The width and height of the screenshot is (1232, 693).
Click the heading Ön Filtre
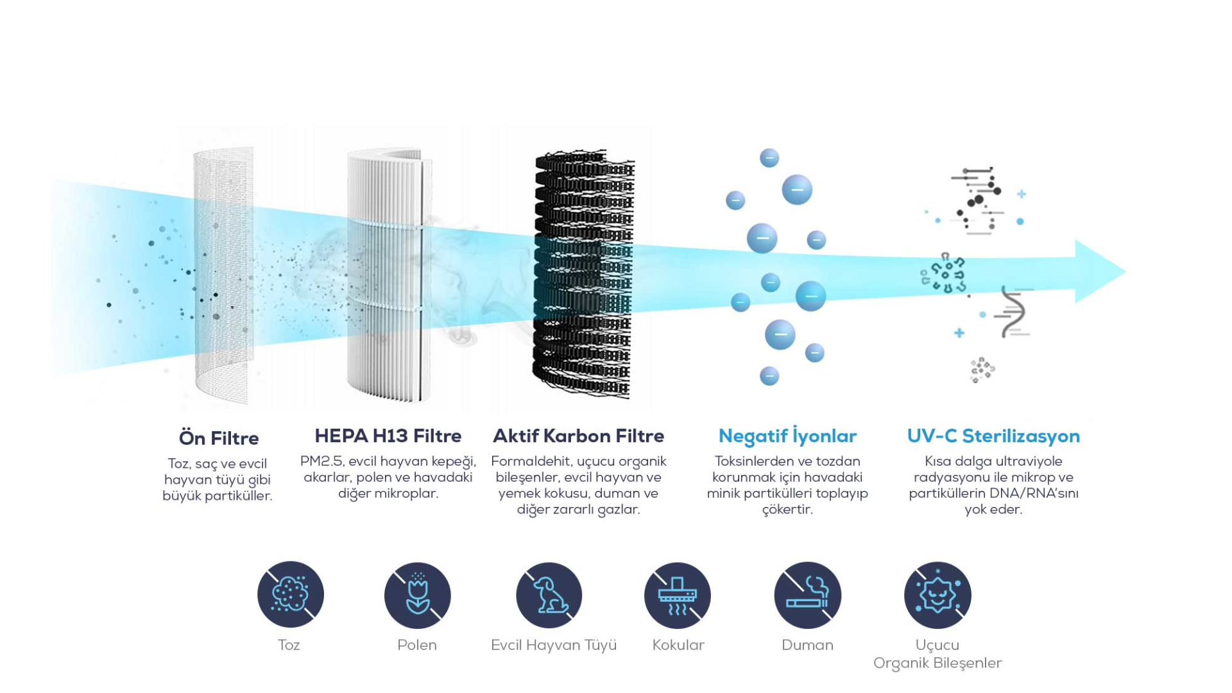tap(218, 438)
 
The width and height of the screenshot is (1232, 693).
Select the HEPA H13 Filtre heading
tap(388, 436)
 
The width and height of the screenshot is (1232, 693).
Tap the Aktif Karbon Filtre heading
tap(578, 436)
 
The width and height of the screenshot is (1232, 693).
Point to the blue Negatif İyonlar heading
tap(787, 436)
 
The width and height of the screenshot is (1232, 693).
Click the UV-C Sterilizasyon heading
tap(993, 436)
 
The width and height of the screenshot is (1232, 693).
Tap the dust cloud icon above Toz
tap(290, 594)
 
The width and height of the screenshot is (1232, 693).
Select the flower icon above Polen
tap(417, 595)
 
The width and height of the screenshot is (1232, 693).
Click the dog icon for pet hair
tap(549, 595)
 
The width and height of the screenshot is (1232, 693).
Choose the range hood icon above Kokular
tap(677, 595)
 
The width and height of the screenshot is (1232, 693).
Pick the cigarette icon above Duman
tap(807, 595)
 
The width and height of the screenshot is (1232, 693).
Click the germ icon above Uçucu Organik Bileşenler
tap(937, 595)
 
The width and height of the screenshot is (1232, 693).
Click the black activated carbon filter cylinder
tap(583, 275)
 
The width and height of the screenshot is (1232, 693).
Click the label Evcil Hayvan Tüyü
tap(553, 646)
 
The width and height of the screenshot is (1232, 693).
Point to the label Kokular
tap(678, 646)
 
